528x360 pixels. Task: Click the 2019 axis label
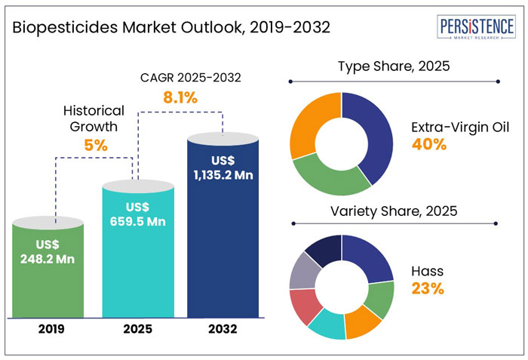51,329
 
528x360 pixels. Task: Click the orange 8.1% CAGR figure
180,97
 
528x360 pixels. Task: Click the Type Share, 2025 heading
393,66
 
